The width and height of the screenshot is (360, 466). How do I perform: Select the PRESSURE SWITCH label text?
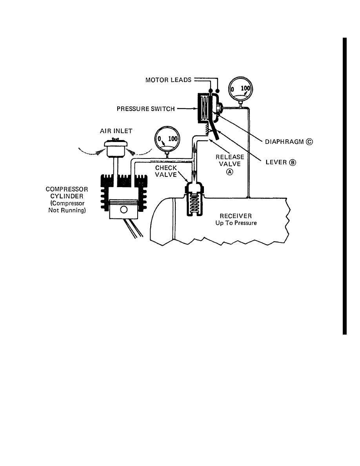pyautogui.click(x=146, y=109)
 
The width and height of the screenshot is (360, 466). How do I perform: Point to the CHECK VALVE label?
pyautogui.click(x=167, y=171)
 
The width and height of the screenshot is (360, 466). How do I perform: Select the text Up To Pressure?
pyautogui.click(x=236, y=223)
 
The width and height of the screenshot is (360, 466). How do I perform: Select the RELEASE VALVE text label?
pyautogui.click(x=230, y=160)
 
